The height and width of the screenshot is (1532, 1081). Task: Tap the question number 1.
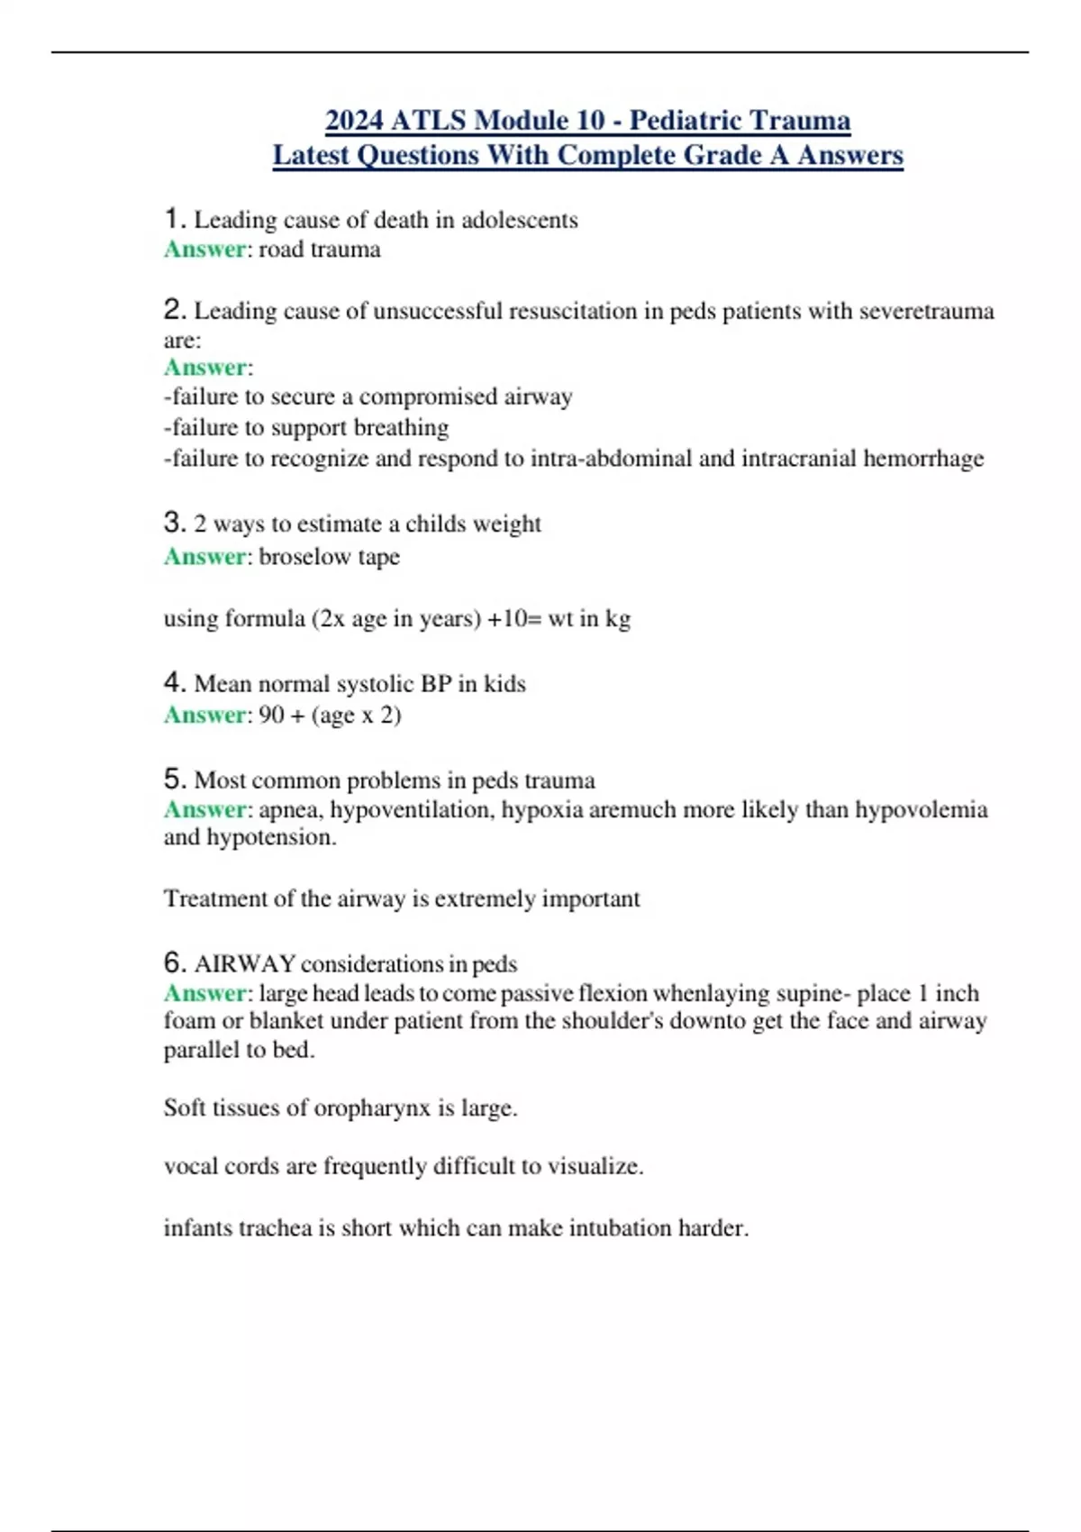pos(174,219)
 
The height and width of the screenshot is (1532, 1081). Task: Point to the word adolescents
pos(520,220)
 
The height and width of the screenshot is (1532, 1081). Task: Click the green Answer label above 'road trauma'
pos(204,250)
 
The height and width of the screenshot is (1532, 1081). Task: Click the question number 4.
pos(174,683)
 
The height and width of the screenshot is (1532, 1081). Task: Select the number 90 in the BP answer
pos(271,716)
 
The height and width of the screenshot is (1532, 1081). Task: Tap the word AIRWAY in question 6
pos(245,964)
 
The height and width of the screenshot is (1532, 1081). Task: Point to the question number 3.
pos(174,523)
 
